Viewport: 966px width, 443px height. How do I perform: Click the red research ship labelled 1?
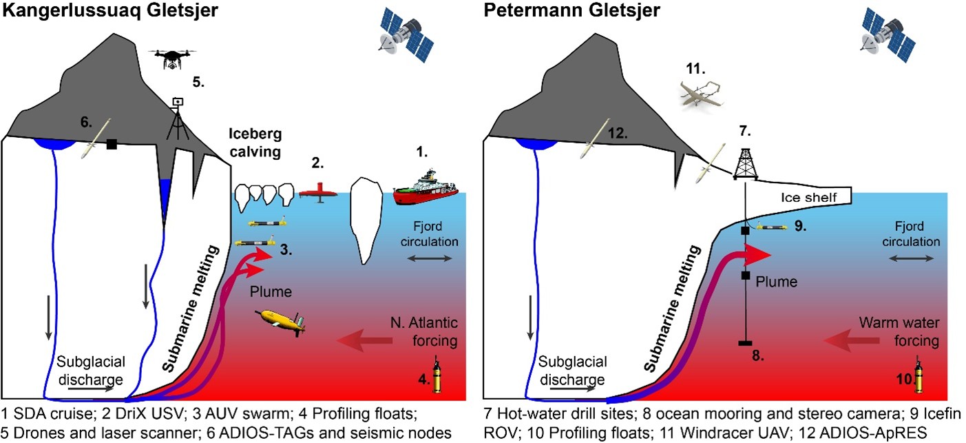426,189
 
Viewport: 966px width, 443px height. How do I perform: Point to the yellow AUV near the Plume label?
282,322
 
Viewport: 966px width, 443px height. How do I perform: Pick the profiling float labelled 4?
436,376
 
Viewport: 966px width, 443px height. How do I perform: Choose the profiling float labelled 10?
917,376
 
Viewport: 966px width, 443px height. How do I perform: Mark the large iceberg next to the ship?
366,220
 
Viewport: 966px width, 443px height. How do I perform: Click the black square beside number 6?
111,144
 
